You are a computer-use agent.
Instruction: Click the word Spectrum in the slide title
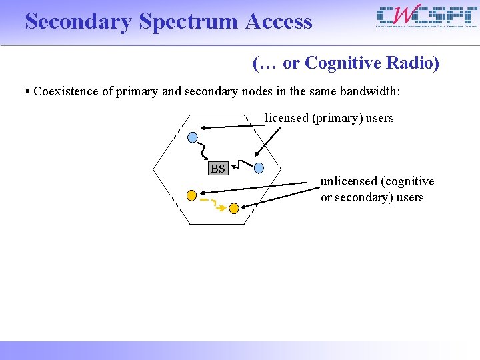(189, 22)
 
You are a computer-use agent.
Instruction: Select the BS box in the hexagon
(217, 168)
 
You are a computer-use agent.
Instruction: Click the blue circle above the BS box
(193, 138)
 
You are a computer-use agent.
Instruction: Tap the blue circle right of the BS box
(259, 168)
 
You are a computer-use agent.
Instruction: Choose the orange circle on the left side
(191, 195)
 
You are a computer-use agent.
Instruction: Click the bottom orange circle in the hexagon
(233, 209)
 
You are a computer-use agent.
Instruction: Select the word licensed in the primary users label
(287, 118)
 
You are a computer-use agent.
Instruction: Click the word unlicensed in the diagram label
(347, 181)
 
